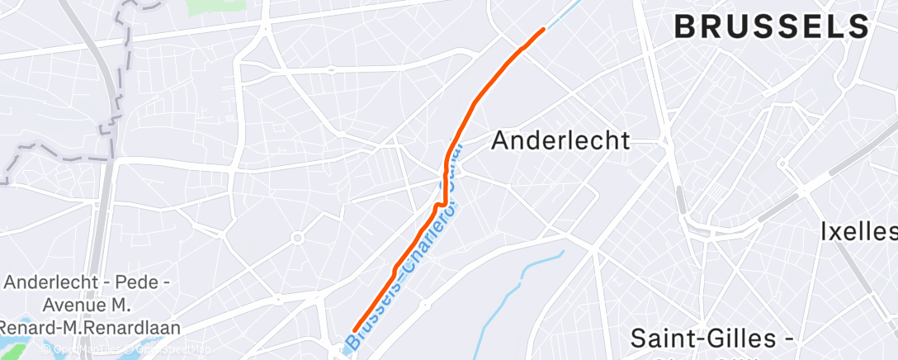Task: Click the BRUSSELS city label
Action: tap(772, 27)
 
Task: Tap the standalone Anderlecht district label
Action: tap(560, 140)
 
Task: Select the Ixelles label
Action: tap(858, 231)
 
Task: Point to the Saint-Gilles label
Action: tap(706, 339)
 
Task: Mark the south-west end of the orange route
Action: tap(355, 331)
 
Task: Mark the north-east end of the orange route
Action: tap(543, 30)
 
